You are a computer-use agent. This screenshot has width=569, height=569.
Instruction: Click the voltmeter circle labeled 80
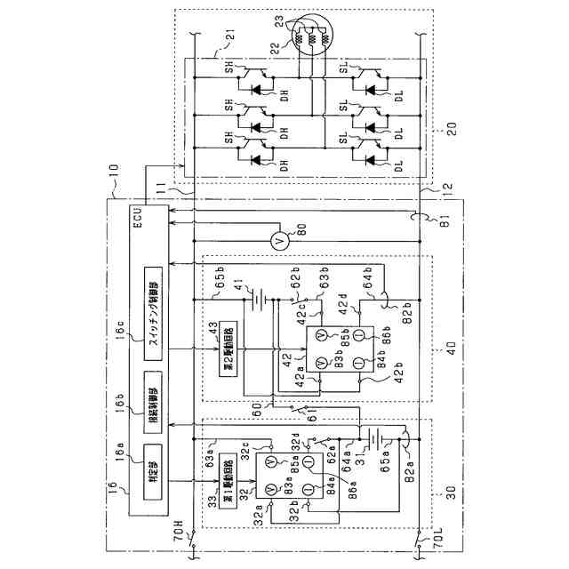(276, 241)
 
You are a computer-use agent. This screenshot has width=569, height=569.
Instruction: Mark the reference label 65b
(223, 282)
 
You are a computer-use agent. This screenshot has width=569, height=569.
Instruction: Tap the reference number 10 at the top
(111, 190)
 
